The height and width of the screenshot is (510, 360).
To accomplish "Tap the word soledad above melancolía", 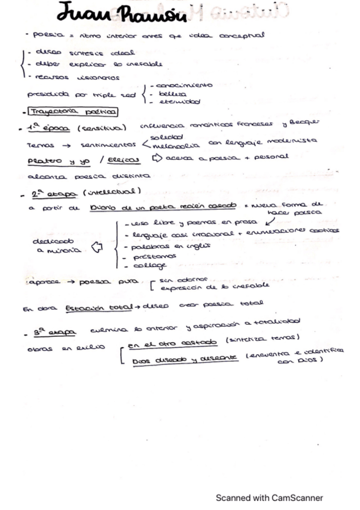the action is pyautogui.click(x=165, y=139).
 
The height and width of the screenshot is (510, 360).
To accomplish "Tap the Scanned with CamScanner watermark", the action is pyautogui.click(x=269, y=497).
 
